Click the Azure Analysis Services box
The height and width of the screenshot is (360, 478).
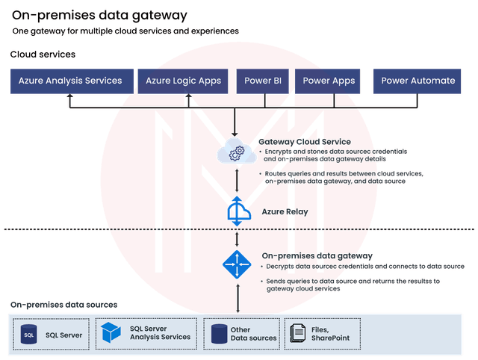click(x=72, y=81)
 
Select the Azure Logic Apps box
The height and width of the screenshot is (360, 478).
click(x=183, y=81)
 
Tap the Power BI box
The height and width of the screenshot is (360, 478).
click(x=262, y=81)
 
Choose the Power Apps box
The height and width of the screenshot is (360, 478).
click(x=327, y=81)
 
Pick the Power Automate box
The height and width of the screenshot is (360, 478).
click(x=417, y=81)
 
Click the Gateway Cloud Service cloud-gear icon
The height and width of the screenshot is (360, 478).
click(x=236, y=151)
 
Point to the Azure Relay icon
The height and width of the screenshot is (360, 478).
click(x=239, y=211)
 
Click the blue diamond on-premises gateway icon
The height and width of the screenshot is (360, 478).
click(x=237, y=264)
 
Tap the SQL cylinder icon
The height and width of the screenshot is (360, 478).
click(x=28, y=335)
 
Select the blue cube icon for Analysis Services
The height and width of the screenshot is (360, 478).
click(x=111, y=332)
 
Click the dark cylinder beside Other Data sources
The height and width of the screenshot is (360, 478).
click(x=219, y=334)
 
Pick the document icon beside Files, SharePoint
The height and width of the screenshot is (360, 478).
click(x=297, y=333)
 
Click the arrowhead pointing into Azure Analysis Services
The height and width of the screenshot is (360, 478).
click(x=69, y=96)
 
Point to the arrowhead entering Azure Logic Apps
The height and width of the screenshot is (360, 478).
click(x=189, y=96)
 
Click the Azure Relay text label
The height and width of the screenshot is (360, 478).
click(x=285, y=211)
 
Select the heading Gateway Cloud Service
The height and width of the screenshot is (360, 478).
click(x=305, y=142)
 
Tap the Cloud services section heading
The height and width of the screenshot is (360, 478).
click(x=43, y=55)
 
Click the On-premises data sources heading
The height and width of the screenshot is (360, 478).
click(x=63, y=305)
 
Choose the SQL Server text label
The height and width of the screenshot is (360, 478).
click(x=64, y=335)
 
